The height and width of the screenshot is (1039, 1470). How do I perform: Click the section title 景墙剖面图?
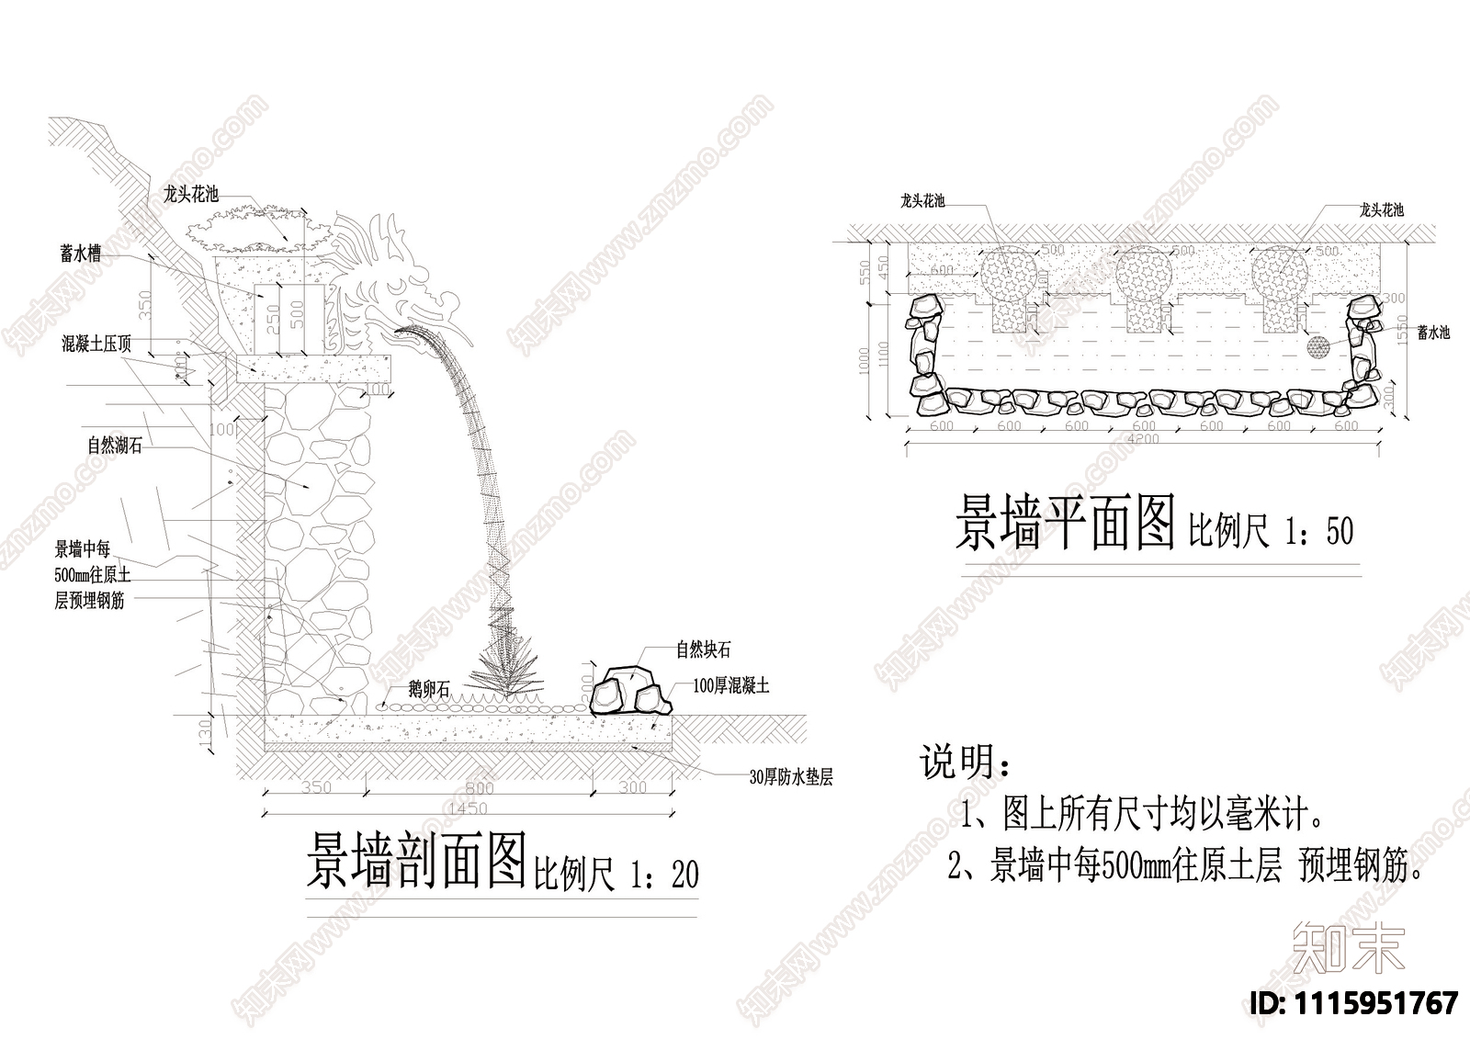(416, 861)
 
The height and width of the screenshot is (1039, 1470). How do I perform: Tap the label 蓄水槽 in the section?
(81, 254)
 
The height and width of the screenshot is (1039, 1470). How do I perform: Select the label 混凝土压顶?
(96, 344)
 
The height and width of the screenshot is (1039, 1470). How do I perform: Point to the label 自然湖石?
(115, 446)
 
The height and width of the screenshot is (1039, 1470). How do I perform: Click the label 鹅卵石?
(430, 689)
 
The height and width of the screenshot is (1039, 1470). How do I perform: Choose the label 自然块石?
(703, 649)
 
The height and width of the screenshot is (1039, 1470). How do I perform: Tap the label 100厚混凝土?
(731, 686)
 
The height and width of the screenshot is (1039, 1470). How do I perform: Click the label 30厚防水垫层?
(791, 777)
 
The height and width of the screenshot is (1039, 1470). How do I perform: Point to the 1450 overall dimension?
(469, 808)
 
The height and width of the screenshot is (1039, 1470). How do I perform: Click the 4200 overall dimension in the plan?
(1143, 439)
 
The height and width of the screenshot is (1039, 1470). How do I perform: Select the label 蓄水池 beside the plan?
(1432, 333)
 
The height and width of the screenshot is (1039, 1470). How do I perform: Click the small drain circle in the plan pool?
(1318, 347)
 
